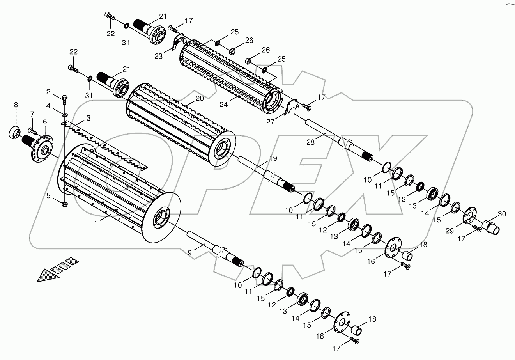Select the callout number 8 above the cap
16,105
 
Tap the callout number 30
502,214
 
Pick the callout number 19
273,158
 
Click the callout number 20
200,99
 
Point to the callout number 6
45,122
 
